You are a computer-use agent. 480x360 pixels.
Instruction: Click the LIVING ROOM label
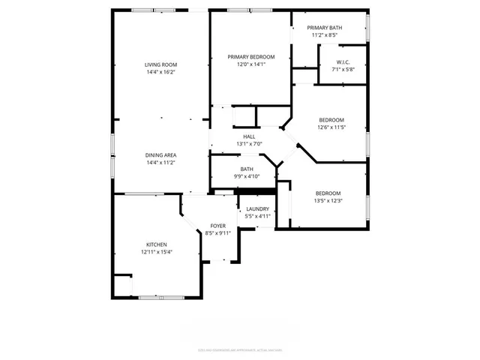(x=160, y=65)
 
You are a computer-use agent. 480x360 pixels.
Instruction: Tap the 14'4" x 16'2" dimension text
(x=160, y=73)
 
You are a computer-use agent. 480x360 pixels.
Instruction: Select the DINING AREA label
(x=160, y=155)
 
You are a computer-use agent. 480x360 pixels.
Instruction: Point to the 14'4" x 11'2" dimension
(x=160, y=163)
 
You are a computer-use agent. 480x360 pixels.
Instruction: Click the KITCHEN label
(x=156, y=244)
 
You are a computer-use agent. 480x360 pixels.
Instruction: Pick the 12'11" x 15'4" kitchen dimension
(x=156, y=252)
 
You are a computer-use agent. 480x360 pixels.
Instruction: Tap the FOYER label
(x=217, y=226)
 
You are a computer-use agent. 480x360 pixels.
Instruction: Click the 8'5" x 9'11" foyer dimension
(x=217, y=233)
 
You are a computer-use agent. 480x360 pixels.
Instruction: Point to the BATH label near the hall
(x=247, y=169)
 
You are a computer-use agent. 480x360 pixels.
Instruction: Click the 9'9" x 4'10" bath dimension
(x=247, y=177)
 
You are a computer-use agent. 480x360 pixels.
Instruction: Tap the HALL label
(x=249, y=136)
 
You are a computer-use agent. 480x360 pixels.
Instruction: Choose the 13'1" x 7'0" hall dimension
(x=249, y=144)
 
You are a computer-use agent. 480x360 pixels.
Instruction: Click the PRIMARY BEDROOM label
(x=251, y=57)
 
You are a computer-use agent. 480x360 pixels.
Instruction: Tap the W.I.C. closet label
(x=343, y=62)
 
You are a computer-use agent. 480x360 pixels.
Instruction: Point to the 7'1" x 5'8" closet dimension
(x=343, y=70)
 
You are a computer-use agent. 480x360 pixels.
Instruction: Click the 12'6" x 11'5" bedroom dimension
(x=331, y=128)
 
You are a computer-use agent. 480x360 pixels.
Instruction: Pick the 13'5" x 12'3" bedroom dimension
(x=328, y=200)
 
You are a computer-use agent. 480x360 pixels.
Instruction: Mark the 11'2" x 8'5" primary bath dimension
(x=325, y=35)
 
